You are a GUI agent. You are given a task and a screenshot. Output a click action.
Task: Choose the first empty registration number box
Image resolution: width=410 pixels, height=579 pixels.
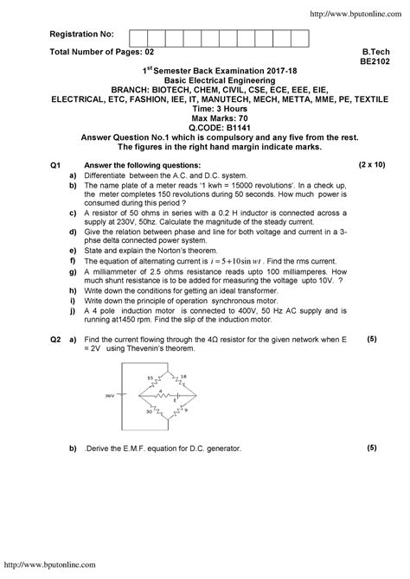[137, 36]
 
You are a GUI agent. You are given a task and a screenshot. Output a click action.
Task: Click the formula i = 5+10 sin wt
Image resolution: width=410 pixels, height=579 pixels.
[231, 236]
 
